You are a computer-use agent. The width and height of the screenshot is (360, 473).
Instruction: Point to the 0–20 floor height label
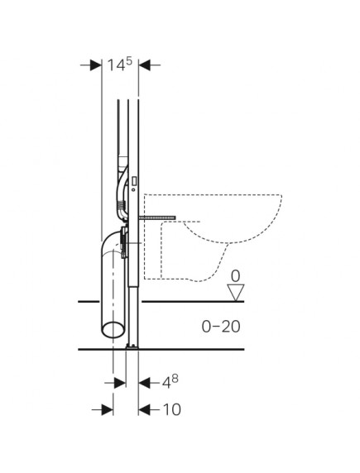[220, 326]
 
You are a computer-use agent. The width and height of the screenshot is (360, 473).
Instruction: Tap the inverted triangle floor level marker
[235, 292]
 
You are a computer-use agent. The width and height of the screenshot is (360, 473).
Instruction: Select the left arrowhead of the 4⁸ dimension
[120, 382]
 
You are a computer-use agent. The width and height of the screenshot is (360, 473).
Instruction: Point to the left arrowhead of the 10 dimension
[107, 408]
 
